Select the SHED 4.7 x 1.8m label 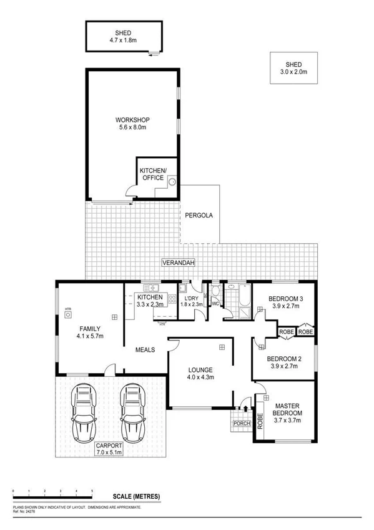[x=123, y=36]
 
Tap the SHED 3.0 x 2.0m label [x=293, y=68]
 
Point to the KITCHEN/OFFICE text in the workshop [x=151, y=174]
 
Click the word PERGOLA [x=199, y=215]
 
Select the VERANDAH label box [x=178, y=262]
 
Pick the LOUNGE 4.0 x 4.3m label [x=201, y=373]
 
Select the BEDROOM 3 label [x=285, y=303]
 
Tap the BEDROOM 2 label [x=284, y=362]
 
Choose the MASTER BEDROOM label [x=288, y=413]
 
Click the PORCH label [x=242, y=424]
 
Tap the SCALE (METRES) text [x=136, y=496]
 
